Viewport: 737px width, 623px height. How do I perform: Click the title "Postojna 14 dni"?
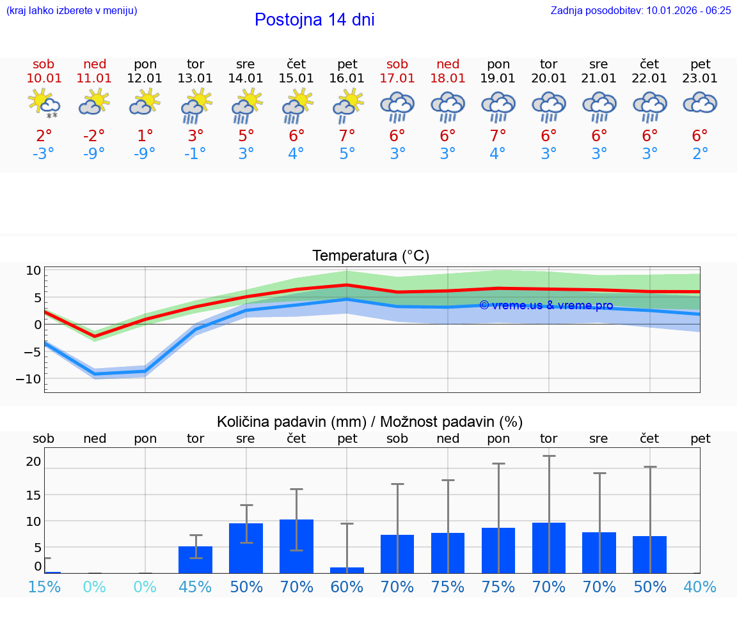(314, 20)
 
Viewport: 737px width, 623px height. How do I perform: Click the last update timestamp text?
(640, 10)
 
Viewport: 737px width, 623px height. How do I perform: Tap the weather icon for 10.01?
(44, 104)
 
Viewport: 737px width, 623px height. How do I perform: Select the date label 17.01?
(397, 79)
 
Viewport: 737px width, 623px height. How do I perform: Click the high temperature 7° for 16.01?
(347, 136)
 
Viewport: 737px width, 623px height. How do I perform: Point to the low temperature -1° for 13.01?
(195, 154)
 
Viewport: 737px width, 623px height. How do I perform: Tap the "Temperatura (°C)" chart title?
(370, 256)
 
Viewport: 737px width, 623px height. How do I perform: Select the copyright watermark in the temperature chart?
(546, 305)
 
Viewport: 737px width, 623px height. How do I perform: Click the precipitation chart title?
(370, 422)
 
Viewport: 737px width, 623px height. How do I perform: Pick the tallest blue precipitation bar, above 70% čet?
(296, 546)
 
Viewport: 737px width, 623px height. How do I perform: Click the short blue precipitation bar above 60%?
(347, 570)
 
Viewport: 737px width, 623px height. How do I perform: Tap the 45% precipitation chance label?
(195, 587)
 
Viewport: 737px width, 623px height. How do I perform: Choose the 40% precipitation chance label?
(700, 587)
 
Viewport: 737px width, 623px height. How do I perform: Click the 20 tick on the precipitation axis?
(33, 462)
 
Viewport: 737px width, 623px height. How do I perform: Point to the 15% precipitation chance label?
(44, 587)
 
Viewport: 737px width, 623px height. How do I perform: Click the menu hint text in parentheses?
(72, 10)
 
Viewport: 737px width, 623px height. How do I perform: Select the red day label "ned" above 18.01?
(448, 64)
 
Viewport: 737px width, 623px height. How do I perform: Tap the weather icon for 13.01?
(196, 105)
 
